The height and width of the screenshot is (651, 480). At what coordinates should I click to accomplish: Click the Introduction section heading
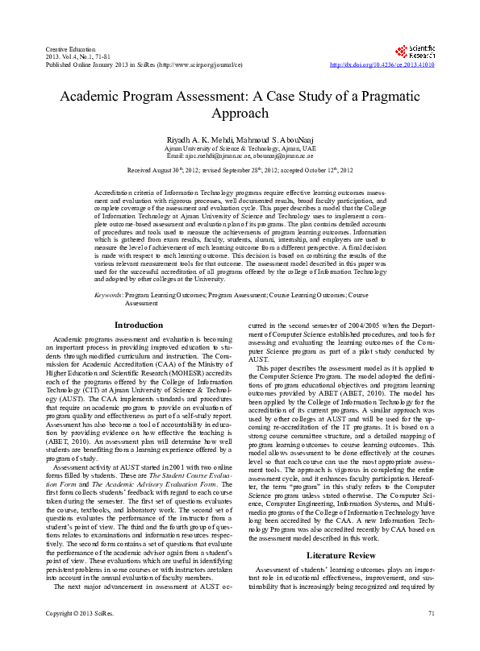click(x=139, y=325)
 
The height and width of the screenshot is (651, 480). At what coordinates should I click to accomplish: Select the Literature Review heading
click(x=340, y=556)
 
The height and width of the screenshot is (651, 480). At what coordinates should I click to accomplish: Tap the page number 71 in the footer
click(x=432, y=637)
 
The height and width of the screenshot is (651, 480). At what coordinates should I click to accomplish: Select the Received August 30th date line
click(x=240, y=172)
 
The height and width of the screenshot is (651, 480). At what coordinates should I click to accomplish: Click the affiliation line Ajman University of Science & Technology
click(x=240, y=148)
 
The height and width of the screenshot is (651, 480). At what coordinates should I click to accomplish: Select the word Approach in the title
click(x=240, y=114)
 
